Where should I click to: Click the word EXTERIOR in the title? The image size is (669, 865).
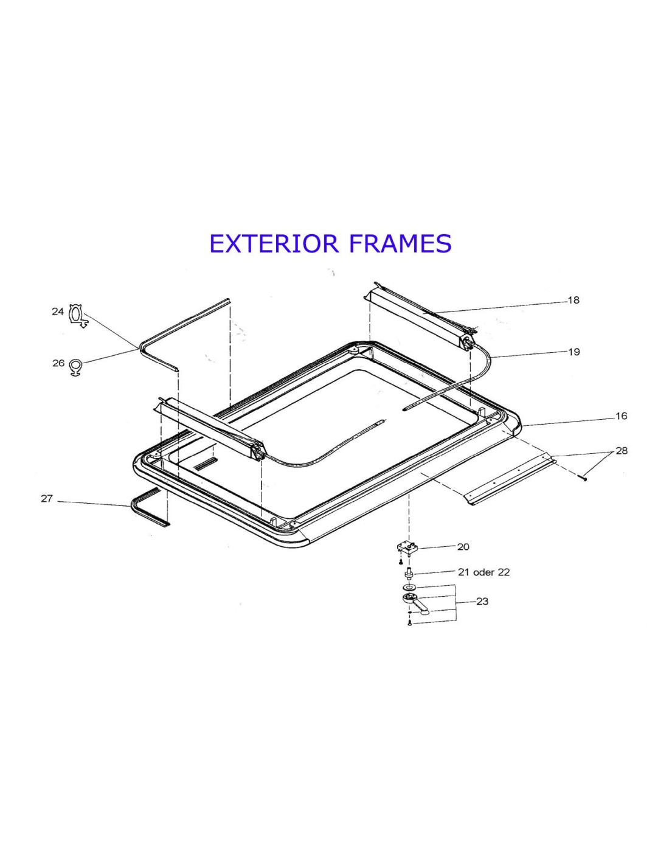[274, 243]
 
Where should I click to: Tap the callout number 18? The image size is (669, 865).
[574, 300]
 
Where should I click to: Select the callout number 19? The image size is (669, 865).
[574, 352]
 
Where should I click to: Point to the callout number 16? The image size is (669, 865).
[621, 416]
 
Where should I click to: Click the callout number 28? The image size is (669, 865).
[621, 451]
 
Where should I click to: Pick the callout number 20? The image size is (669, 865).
[463, 547]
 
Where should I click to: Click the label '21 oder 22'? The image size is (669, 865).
[484, 572]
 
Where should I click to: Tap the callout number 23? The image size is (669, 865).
[482, 602]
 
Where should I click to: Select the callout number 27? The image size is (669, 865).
[47, 498]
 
